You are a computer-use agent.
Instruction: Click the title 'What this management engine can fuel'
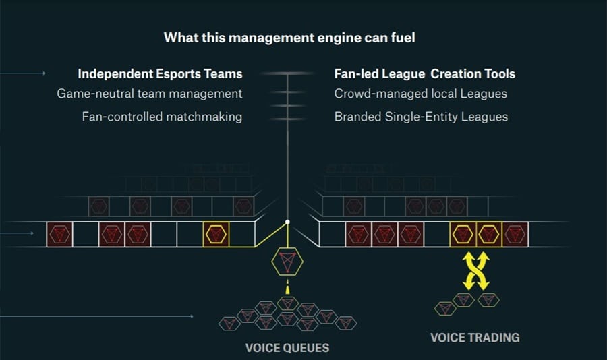(x=289, y=38)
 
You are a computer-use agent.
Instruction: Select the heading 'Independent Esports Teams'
(x=160, y=73)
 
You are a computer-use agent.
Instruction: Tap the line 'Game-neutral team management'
(x=150, y=94)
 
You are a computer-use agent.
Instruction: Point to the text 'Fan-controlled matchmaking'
(x=162, y=117)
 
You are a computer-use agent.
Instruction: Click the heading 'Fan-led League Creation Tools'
(x=425, y=73)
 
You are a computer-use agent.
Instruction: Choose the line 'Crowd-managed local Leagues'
(x=421, y=94)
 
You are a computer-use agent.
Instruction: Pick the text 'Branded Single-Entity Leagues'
(x=421, y=117)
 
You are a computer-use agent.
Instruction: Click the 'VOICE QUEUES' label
(x=287, y=348)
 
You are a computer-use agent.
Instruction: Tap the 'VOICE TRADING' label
(x=475, y=337)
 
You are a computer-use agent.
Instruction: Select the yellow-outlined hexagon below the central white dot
(x=287, y=260)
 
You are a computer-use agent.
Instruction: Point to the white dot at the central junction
(x=287, y=222)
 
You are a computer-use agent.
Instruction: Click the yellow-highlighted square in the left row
(x=216, y=234)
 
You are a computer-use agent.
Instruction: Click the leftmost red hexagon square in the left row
(x=59, y=234)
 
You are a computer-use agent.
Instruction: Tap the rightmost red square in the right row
(x=515, y=234)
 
